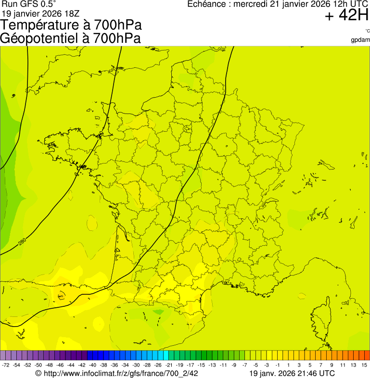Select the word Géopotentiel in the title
(x=40, y=38)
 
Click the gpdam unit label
(x=361, y=39)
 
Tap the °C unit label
(x=367, y=31)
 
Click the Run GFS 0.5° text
(x=29, y=4)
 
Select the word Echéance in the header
(x=206, y=4)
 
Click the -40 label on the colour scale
(x=91, y=365)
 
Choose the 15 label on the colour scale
(x=365, y=365)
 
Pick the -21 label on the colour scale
(x=169, y=365)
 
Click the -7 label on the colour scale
(x=244, y=365)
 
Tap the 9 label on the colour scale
(x=331, y=365)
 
